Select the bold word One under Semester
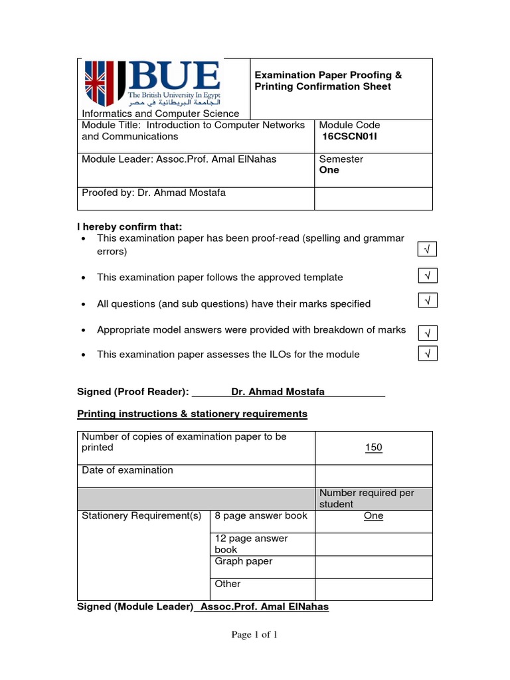tap(329, 170)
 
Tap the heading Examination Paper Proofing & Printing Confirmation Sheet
tap(328, 81)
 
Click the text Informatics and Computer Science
tap(160, 114)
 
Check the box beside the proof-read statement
tap(428, 249)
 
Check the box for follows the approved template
tap(428, 275)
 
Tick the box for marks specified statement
tap(428, 301)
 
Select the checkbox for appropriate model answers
tap(428, 332)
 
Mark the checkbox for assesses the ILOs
tap(428, 354)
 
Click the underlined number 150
tap(373, 448)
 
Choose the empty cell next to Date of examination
tap(373, 475)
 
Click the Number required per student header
tap(367, 498)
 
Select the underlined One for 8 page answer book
tap(373, 516)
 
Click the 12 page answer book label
tap(251, 544)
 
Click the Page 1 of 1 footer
tap(254, 635)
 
